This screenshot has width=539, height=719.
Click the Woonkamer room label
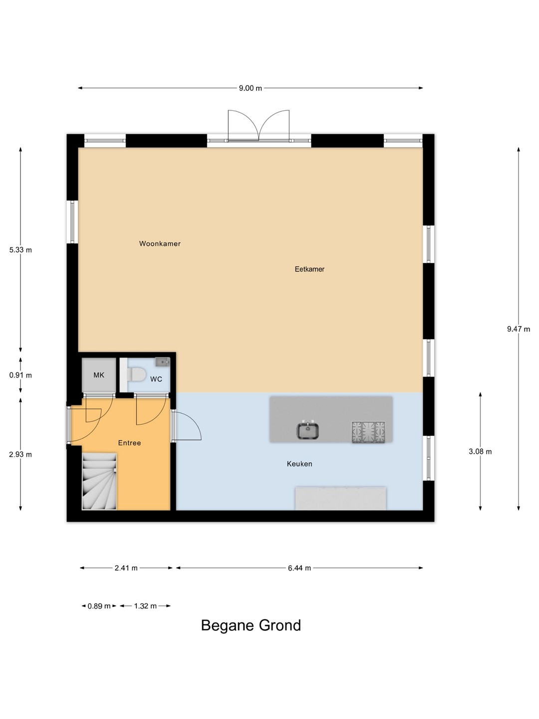pyautogui.click(x=160, y=244)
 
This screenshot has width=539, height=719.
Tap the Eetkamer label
pyautogui.click(x=309, y=269)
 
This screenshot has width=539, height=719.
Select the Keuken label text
pyautogui.click(x=299, y=464)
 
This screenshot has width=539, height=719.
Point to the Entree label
pyautogui.click(x=130, y=443)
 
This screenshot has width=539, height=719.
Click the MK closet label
pyautogui.click(x=99, y=375)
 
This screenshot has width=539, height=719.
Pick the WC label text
pyautogui.click(x=156, y=379)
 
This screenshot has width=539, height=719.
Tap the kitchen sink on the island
pyautogui.click(x=307, y=430)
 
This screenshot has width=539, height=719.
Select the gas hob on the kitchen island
pyautogui.click(x=368, y=432)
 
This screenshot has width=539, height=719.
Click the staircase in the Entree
pyautogui.click(x=99, y=481)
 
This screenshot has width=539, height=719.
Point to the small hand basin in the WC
pyautogui.click(x=162, y=361)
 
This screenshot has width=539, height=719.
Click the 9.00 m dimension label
pyautogui.click(x=251, y=88)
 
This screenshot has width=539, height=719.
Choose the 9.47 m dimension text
pyautogui.click(x=519, y=329)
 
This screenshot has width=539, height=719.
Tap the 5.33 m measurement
pyautogui.click(x=20, y=250)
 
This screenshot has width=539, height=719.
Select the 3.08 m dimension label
pyautogui.click(x=480, y=452)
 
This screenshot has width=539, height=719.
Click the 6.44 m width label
pyautogui.click(x=299, y=568)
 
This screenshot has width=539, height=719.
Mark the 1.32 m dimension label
pyautogui.click(x=145, y=606)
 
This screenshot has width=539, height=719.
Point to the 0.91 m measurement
pyautogui.click(x=20, y=375)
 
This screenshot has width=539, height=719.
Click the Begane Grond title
pyautogui.click(x=251, y=625)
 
